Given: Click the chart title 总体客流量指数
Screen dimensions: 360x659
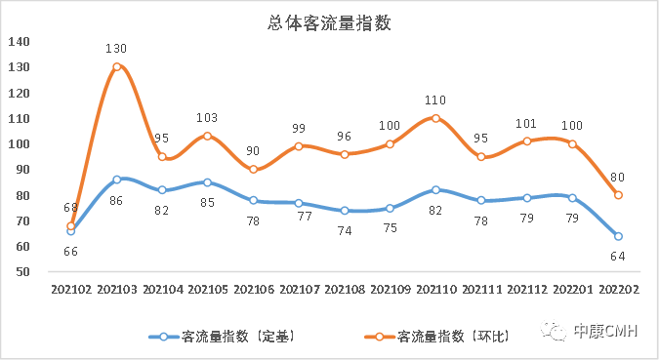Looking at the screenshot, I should coord(329,23).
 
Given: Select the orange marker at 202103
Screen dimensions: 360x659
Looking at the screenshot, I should coord(116,66).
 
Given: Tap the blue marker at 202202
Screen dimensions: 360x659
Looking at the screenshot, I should coord(618,236).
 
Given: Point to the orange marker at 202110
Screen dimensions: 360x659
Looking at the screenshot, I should coord(435,118).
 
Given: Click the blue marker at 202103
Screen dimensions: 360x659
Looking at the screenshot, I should coord(116,180).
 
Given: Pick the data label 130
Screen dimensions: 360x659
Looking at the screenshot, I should coord(116,48).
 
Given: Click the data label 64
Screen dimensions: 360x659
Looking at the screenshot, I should coord(618,256).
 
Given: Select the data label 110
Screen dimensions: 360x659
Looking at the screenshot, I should coord(435,100).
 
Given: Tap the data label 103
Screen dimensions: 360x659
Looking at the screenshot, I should coord(207,117).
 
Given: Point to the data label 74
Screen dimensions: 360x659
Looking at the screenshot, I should coord(344,230).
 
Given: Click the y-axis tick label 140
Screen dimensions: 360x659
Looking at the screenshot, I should coord(20,41).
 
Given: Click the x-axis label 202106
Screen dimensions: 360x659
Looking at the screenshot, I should coord(252,290).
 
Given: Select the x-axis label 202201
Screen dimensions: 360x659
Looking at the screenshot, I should coord(572,290).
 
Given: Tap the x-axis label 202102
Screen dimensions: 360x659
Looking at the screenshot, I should coord(70,290).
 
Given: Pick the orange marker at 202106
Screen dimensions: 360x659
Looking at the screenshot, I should coord(253,169).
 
